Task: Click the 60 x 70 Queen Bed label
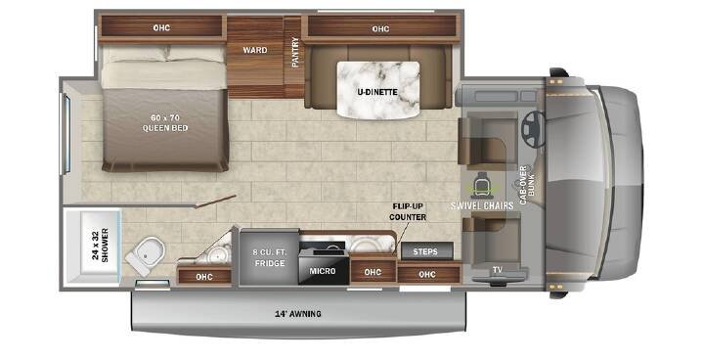165,123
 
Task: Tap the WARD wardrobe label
255,50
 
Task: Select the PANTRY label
295,53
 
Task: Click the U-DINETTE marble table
378,90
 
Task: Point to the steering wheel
533,129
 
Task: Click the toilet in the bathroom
146,254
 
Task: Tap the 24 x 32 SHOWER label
101,245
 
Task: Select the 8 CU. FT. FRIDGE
270,257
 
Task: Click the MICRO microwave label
323,271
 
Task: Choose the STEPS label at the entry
425,251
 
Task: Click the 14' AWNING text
298,314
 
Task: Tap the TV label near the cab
497,270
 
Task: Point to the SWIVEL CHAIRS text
482,205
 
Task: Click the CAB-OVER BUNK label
527,185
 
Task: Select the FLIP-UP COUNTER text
408,211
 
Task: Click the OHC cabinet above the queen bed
161,27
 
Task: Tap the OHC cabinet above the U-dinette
380,28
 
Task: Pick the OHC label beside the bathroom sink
203,277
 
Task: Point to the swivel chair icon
482,185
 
